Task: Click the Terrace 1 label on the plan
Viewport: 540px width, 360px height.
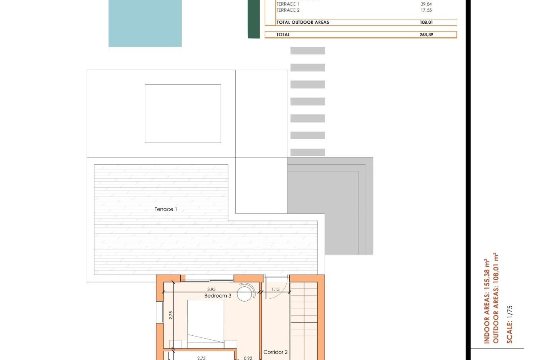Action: point(166,209)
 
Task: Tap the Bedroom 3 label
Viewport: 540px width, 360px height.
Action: point(218,296)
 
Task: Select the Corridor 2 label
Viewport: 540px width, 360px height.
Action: point(275,352)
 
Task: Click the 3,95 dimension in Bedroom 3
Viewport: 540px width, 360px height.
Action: point(211,289)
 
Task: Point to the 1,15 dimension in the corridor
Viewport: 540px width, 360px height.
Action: point(275,289)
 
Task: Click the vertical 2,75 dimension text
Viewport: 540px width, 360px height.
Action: point(171,315)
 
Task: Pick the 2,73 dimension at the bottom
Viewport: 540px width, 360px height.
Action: point(201,358)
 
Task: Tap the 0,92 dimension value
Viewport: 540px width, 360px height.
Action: point(248,358)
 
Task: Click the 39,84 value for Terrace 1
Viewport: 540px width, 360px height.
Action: point(426,4)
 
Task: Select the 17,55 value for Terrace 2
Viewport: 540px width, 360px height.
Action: point(426,10)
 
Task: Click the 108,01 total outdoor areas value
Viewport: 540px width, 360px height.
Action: point(426,22)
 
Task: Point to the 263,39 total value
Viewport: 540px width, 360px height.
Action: point(426,35)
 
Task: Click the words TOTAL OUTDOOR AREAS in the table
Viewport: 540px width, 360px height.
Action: point(303,22)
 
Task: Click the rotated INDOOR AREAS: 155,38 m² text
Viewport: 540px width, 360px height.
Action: point(487,301)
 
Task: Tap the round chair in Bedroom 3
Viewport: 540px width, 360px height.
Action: point(245,293)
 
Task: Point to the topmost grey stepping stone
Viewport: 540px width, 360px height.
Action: point(307,51)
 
